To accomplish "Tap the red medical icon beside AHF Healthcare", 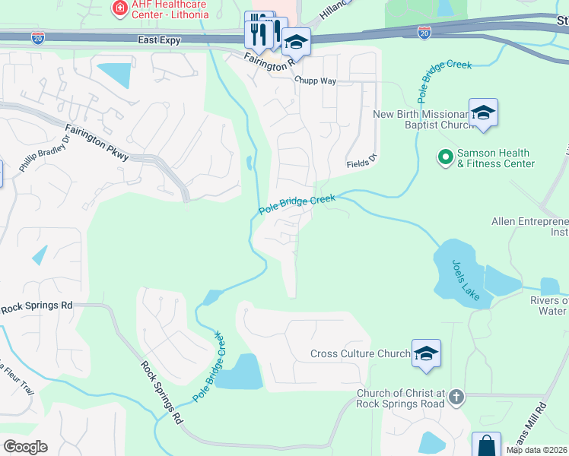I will [x=119, y=8].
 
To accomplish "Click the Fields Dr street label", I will [x=361, y=161].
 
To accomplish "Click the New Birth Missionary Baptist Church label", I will [x=420, y=121].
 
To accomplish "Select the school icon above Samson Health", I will [x=482, y=114].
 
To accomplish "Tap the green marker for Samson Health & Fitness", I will [x=445, y=157].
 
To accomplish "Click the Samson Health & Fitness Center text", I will [x=495, y=158].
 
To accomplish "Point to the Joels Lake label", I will [x=466, y=280].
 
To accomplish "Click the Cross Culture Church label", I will [x=361, y=353].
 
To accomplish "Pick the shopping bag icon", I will [x=485, y=445].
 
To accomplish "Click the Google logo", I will [x=25, y=447].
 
